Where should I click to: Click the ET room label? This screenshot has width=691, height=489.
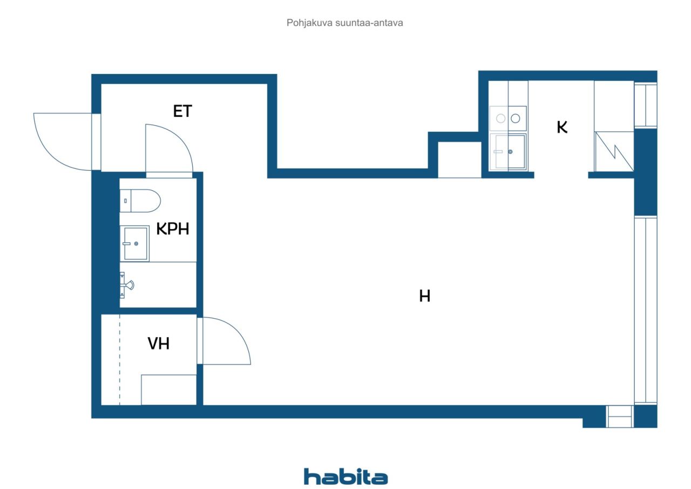point(182,111)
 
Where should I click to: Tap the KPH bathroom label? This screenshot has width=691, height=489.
point(173,229)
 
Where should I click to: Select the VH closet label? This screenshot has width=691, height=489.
point(159,344)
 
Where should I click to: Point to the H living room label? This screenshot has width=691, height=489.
point(424,296)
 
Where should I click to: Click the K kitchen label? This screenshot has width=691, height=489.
point(562,127)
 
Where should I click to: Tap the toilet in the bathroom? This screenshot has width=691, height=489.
point(140,200)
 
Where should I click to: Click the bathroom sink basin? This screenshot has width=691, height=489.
point(135,244)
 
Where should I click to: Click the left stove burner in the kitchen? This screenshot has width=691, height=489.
point(500,118)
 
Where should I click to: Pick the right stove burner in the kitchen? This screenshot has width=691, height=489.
point(516,118)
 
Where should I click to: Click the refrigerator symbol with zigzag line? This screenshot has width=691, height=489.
point(614,151)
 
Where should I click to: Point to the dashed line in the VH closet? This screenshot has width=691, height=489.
point(120,360)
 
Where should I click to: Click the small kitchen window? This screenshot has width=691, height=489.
point(646,105)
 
